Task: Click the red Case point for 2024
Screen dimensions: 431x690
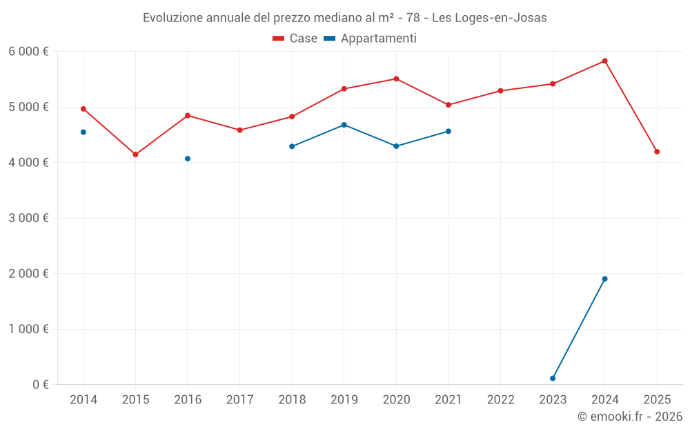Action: point(604,61)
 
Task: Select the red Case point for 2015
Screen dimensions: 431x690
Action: point(135,154)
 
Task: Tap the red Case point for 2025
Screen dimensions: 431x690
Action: point(657,152)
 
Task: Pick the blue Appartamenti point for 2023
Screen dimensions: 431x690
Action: point(553,378)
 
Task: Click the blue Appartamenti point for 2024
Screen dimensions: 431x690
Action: point(604,279)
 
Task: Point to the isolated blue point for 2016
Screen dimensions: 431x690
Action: point(188,159)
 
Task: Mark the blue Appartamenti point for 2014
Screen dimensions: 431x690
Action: point(83,132)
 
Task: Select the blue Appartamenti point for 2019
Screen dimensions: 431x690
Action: point(344,125)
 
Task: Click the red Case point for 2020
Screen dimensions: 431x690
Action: point(396,79)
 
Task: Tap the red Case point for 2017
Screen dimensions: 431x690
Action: point(239,130)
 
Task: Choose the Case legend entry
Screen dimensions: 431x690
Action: point(295,39)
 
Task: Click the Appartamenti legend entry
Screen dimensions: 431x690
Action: point(371,39)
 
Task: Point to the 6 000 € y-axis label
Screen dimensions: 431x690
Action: point(28,51)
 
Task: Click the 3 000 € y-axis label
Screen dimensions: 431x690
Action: point(28,218)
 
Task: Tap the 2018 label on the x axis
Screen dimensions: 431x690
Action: point(292,399)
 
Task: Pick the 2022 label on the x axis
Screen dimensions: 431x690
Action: point(500,399)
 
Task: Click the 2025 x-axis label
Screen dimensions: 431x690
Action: point(657,399)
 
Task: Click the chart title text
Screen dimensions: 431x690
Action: point(345,18)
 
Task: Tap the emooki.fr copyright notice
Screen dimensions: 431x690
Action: point(629,417)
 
